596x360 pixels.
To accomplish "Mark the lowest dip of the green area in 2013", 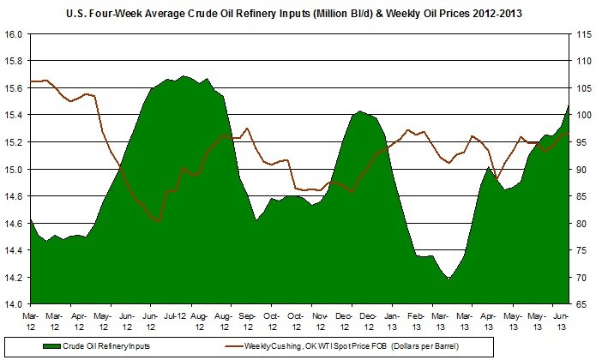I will coord(448,279).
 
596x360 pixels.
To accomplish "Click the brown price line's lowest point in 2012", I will coord(158,221).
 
